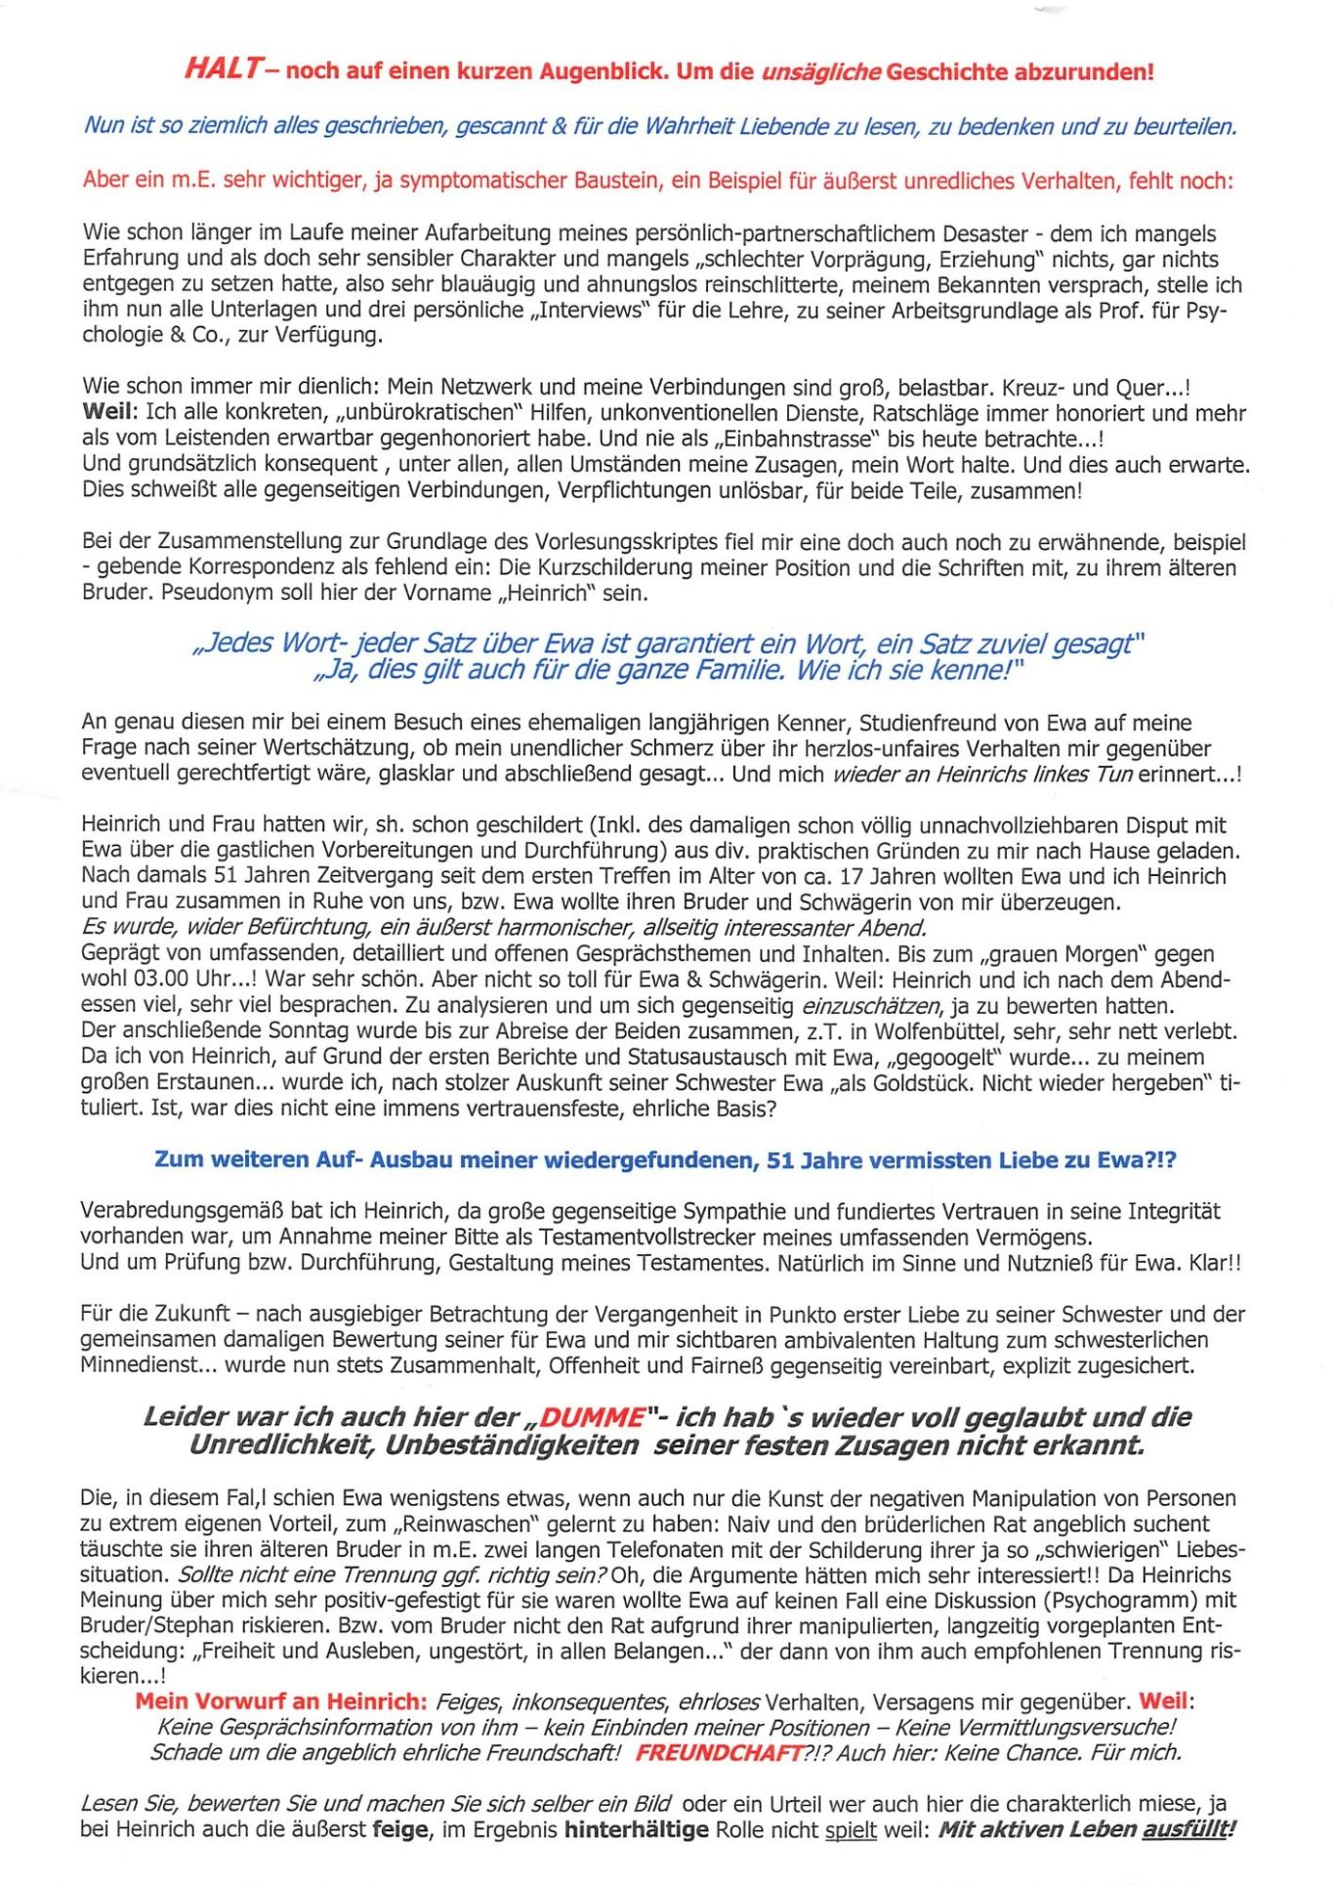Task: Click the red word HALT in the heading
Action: tap(222, 69)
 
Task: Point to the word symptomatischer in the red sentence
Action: tap(477, 181)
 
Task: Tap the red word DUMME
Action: tap(593, 1417)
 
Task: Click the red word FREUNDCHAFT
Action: tap(719, 1752)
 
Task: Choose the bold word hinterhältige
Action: tap(637, 1828)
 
